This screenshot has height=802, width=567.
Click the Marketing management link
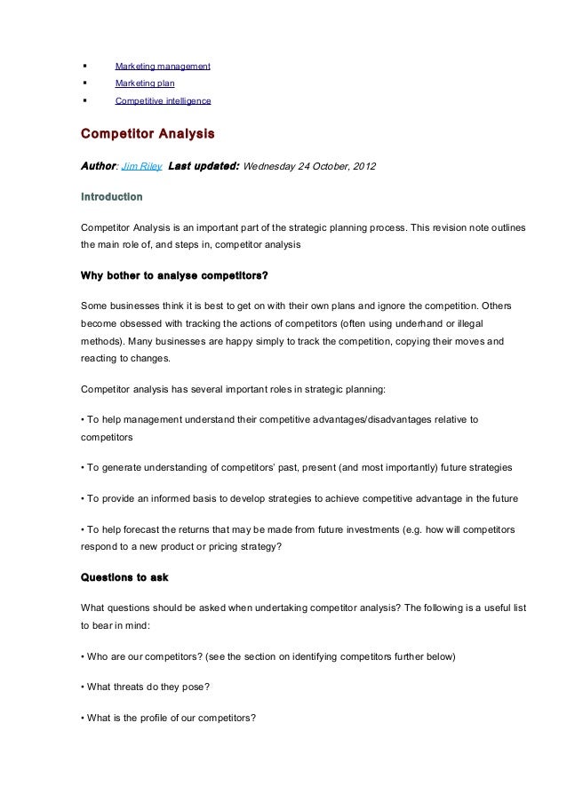pos(163,67)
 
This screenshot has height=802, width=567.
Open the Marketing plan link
pos(145,83)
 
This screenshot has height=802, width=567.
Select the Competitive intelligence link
pos(164,101)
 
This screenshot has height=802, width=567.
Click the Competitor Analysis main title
pos(148,135)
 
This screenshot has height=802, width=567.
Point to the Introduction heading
pos(111,195)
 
